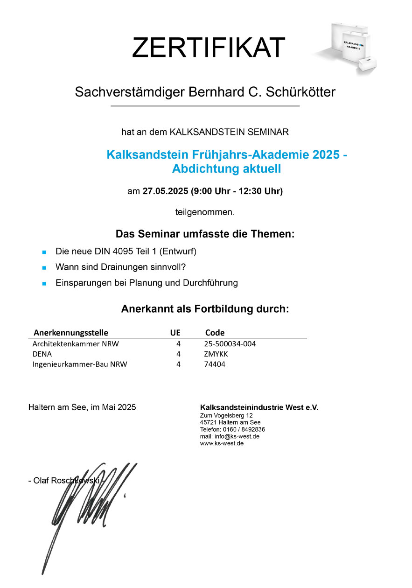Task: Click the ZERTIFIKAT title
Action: coord(208,48)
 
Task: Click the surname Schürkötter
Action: coord(300,92)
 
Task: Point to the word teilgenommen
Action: coord(205,212)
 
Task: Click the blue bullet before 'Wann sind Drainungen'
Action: coord(44,268)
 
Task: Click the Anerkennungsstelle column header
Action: coord(70,333)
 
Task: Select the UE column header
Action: coord(175,333)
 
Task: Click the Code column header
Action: coord(215,333)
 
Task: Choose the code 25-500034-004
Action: coord(230,344)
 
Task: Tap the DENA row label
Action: coord(42,354)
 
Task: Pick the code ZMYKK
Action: coord(216,354)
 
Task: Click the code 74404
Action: coord(215,364)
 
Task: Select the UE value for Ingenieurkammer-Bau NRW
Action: coord(178,364)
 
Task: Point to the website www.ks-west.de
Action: coord(222,443)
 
